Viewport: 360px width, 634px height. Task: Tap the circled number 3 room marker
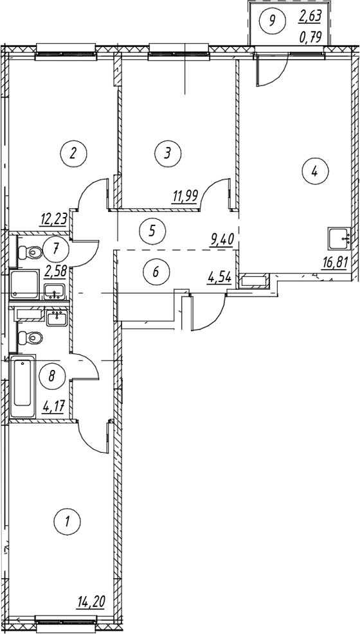168,154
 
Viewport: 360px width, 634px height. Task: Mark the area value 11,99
184,197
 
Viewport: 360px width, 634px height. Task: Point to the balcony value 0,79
310,38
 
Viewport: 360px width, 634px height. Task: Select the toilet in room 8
30,337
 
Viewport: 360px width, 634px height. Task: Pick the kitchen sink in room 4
339,239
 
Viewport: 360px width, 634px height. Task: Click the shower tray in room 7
24,285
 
